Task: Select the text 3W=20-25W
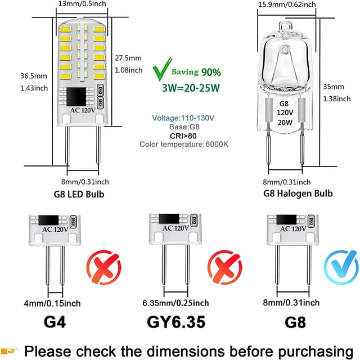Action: click(x=191, y=89)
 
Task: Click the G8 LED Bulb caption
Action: click(x=84, y=195)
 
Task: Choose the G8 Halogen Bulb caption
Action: click(x=298, y=193)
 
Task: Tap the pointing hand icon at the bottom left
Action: click(x=11, y=349)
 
